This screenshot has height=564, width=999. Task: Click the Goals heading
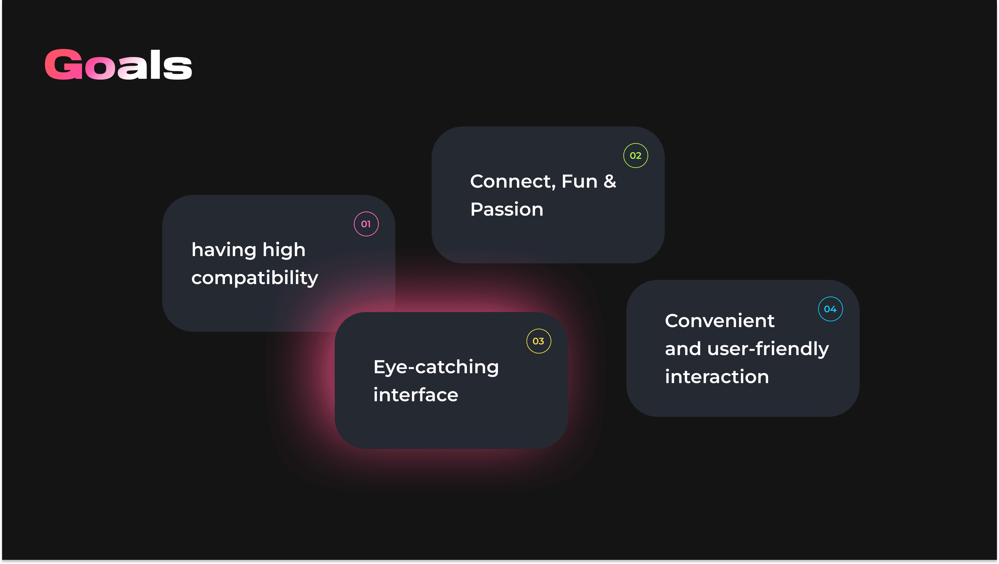tap(118, 65)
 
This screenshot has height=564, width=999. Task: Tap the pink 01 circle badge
tap(366, 224)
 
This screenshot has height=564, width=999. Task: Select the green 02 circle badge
tap(635, 156)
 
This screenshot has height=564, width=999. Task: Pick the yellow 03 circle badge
tap(538, 341)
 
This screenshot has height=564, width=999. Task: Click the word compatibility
tap(254, 278)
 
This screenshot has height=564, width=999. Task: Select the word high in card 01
tap(284, 250)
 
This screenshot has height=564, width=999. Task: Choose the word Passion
tap(506, 209)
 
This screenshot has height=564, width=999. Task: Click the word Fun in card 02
tap(579, 181)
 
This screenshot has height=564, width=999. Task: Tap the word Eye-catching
tap(436, 367)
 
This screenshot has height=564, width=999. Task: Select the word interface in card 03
tap(416, 395)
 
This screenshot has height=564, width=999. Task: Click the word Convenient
tap(719, 321)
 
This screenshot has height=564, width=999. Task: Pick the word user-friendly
tap(768, 349)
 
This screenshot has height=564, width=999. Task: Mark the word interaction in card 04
tap(717, 377)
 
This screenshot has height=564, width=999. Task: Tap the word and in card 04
tap(683, 349)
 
